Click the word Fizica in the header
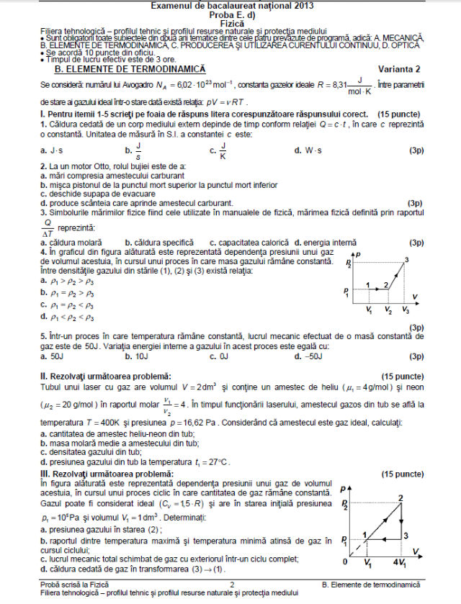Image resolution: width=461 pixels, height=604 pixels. (x=231, y=22)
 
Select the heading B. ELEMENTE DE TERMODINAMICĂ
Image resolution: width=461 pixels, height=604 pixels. (x=130, y=68)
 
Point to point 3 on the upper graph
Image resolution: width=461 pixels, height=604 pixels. (x=407, y=260)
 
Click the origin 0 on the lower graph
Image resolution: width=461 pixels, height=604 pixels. (x=345, y=561)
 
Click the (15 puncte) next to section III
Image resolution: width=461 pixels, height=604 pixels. (x=402, y=474)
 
